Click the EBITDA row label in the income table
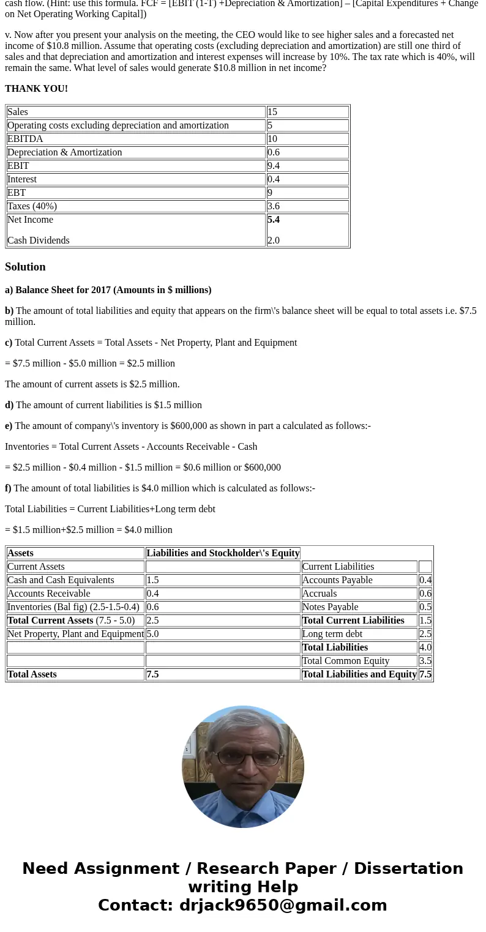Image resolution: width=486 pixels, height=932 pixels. (25, 139)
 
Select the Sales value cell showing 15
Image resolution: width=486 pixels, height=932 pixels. (272, 112)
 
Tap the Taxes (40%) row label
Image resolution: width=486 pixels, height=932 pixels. (32, 206)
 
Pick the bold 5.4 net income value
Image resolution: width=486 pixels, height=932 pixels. (274, 220)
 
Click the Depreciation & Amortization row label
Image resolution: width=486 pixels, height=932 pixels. (64, 152)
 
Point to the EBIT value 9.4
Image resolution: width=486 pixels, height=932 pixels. (274, 166)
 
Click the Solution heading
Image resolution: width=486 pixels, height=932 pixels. (25, 267)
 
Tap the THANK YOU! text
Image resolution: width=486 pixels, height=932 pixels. (36, 89)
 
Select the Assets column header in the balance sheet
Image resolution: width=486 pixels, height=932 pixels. (20, 553)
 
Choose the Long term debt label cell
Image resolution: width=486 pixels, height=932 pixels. (332, 634)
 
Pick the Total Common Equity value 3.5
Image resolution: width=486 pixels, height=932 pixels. (425, 661)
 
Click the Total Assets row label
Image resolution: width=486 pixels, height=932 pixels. (32, 674)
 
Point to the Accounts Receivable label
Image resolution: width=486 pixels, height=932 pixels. (48, 594)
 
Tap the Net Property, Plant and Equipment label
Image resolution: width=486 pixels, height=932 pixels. (75, 634)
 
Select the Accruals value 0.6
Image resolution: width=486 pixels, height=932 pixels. (425, 594)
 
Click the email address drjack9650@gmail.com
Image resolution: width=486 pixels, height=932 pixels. (283, 906)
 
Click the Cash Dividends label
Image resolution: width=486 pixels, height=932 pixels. (38, 240)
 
